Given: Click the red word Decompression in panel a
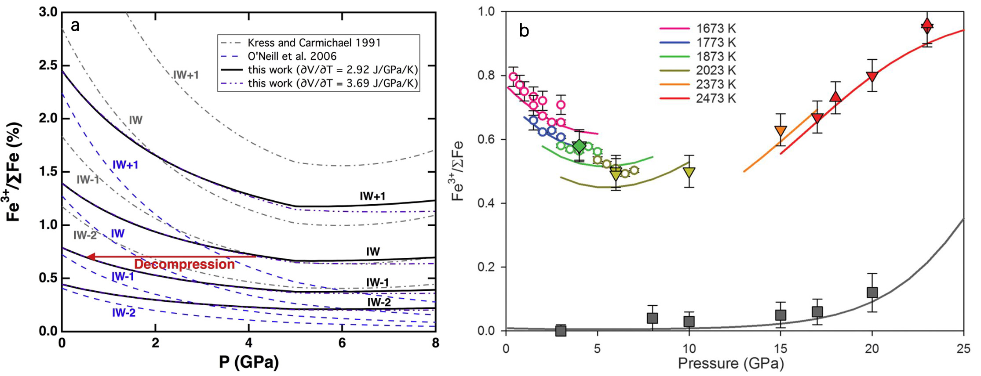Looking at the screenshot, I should [184, 264].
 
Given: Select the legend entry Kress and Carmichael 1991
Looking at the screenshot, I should [314, 43].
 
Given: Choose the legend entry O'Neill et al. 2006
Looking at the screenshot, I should [292, 56].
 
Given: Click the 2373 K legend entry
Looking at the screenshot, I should [715, 84].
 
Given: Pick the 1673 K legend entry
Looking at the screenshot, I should [715, 29].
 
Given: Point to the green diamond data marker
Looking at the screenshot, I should [580, 146].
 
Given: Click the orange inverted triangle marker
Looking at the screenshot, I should [780, 130].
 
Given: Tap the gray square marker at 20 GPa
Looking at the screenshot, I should [872, 293].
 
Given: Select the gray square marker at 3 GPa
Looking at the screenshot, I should [561, 330].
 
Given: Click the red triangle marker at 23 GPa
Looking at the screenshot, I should [927, 24].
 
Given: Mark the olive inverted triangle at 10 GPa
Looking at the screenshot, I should [689, 172].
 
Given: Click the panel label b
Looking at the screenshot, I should [524, 31].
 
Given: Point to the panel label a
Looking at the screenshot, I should [75, 26].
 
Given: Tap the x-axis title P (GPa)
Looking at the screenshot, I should [249, 363].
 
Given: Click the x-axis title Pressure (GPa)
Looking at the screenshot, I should [731, 364].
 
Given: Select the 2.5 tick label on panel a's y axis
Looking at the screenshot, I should [48, 65].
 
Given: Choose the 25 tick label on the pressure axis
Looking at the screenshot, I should [963, 349].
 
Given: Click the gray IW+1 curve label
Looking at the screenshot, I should [186, 75].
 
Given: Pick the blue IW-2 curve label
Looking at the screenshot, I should [124, 313].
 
